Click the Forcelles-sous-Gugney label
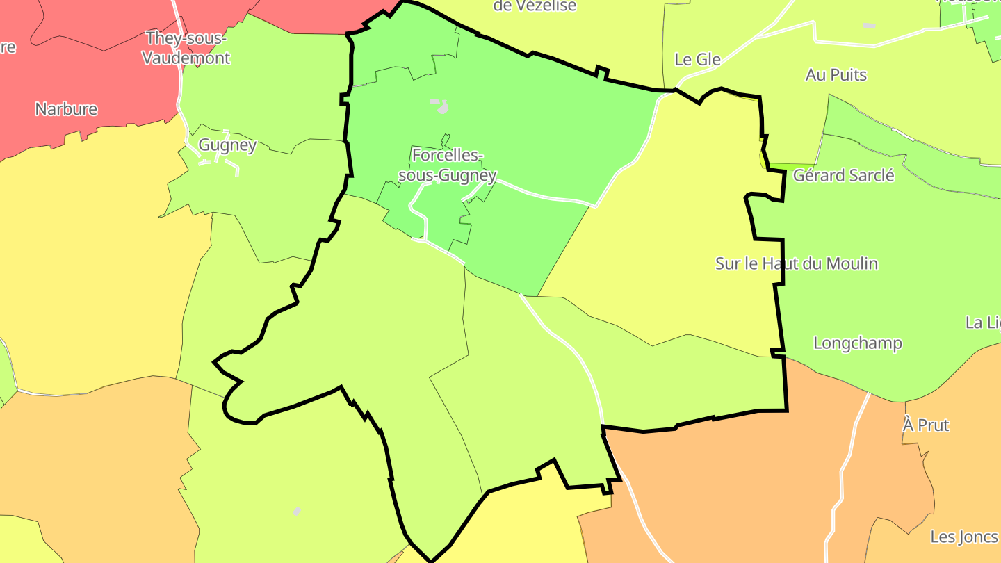click(x=447, y=165)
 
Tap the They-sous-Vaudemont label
click(x=186, y=47)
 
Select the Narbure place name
click(x=66, y=109)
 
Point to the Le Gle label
click(x=697, y=60)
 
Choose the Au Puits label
click(x=836, y=75)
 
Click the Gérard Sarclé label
click(x=843, y=175)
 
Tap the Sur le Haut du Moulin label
click(x=797, y=263)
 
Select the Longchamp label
click(x=857, y=343)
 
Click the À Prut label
click(x=925, y=425)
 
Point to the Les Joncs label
click(x=963, y=537)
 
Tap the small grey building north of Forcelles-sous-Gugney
click(x=439, y=106)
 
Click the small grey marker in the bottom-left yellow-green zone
click(x=297, y=511)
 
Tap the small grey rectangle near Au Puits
click(x=869, y=26)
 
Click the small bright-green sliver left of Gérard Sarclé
click(x=779, y=165)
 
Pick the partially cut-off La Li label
click(x=982, y=323)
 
